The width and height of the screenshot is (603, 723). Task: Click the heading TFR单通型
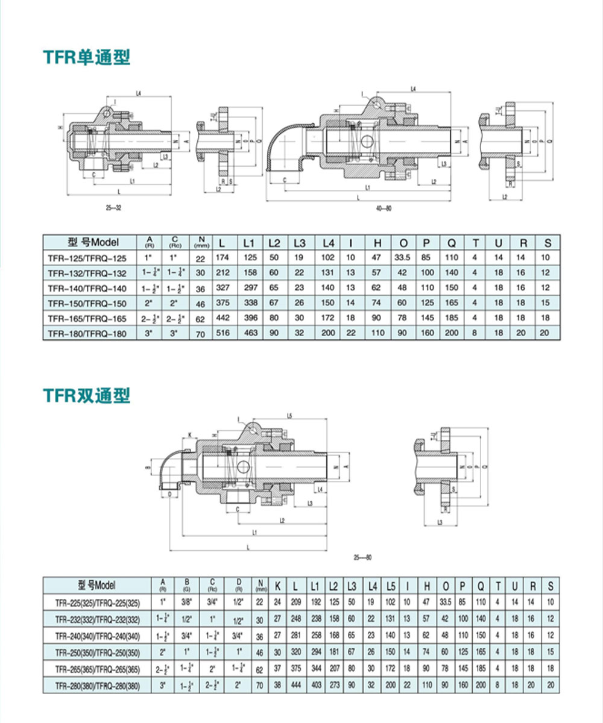86,57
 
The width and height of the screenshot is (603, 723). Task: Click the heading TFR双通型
86,396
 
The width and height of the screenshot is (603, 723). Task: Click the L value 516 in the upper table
224,333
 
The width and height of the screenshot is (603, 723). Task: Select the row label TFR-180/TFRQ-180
87,333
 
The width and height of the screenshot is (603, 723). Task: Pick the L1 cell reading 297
250,288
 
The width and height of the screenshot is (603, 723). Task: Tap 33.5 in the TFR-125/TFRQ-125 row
402,258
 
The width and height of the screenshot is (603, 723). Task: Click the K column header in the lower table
277,585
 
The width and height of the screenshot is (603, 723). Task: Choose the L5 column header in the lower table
390,585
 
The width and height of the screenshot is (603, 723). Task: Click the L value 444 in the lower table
295,686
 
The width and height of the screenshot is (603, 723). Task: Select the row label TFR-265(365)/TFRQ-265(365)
96,669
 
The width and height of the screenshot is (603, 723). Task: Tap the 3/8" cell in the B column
187,601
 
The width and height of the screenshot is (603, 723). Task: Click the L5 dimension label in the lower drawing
290,415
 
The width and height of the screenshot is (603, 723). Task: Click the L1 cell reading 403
315,686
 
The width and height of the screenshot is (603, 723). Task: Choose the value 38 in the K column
277,686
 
